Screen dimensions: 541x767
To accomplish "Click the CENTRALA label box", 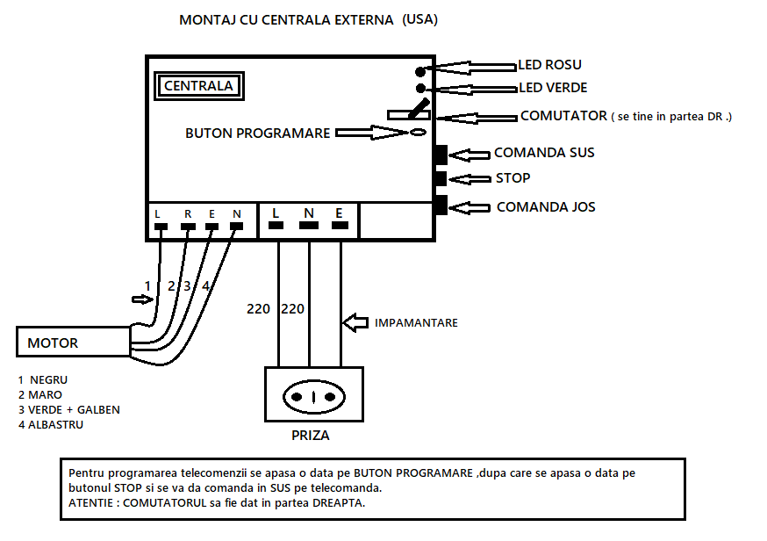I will point(198,86).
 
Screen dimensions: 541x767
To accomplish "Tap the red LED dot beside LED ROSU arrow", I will point(420,71).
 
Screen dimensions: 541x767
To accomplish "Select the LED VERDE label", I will point(553,88).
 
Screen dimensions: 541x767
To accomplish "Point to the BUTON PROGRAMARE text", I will point(257,133).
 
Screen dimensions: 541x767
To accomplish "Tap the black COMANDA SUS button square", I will point(441,155).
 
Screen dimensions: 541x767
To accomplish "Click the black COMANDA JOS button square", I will point(441,206).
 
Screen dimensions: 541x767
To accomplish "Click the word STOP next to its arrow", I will point(513,178).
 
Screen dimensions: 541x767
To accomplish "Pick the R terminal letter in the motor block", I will point(187,213).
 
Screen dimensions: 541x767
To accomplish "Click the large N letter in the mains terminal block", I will point(308,213).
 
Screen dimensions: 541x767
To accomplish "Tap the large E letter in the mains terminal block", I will point(339,213).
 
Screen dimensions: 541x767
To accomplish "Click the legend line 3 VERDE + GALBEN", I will point(68,409).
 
